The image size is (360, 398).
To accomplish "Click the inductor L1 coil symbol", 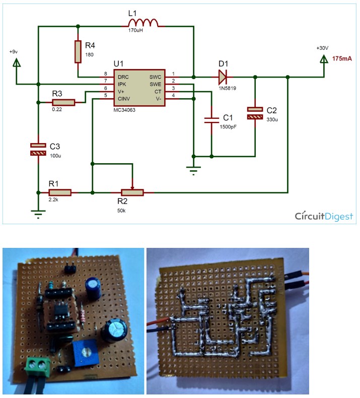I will click(142, 23).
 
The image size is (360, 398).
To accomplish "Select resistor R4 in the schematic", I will click(78, 51).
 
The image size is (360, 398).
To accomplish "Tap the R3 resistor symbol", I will click(63, 102).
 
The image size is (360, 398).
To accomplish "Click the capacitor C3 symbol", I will click(38, 149).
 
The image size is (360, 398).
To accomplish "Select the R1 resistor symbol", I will click(60, 192).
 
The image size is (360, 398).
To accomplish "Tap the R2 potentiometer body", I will click(132, 192).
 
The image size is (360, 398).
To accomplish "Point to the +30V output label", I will click(322, 48).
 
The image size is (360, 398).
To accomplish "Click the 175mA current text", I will click(342, 59).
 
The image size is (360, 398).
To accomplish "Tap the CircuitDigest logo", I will click(324, 216).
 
